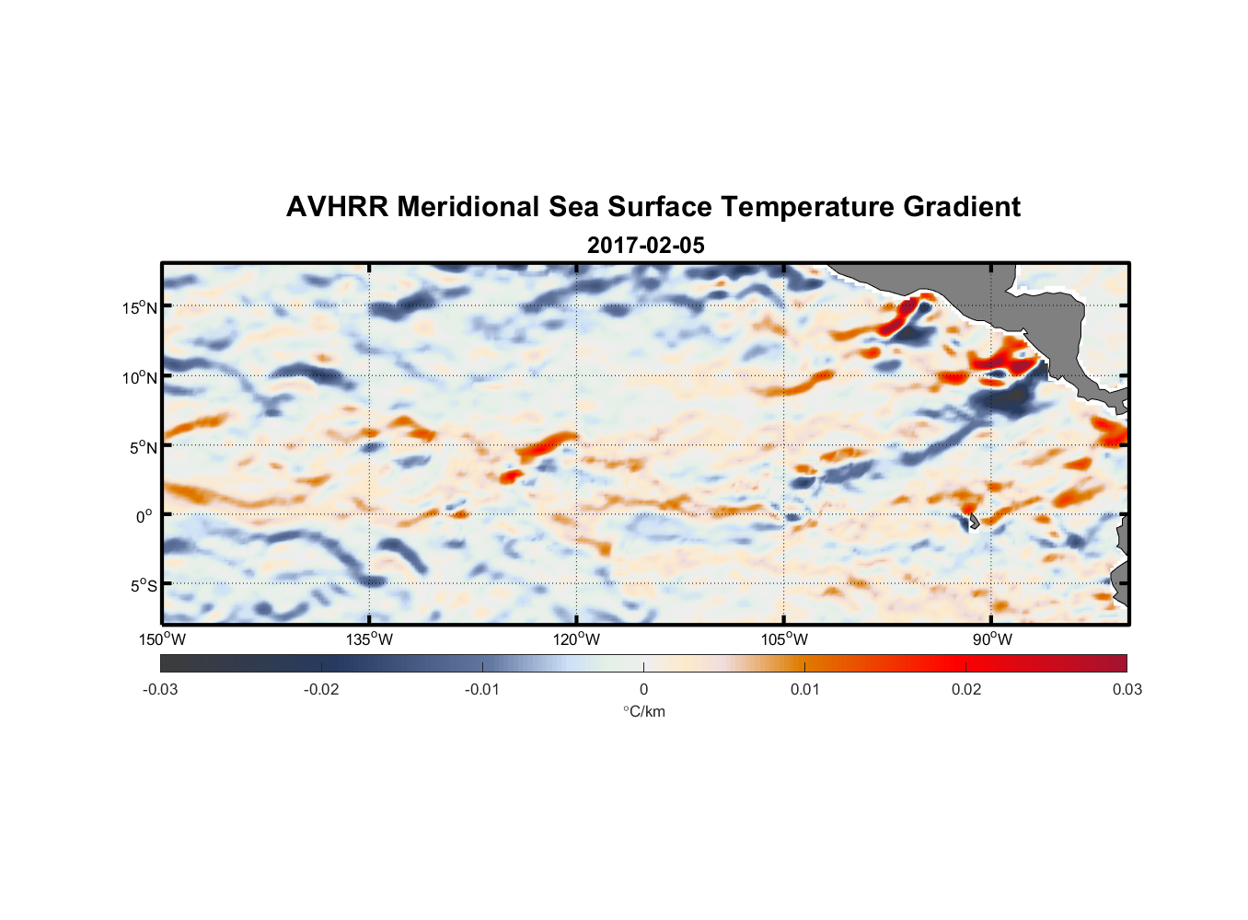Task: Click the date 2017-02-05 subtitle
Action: click(x=645, y=246)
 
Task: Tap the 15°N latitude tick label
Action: click(x=140, y=308)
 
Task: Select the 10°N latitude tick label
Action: click(x=140, y=378)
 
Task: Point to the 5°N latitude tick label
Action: click(x=144, y=448)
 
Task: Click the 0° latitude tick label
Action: click(x=144, y=517)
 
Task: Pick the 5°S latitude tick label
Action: click(x=144, y=586)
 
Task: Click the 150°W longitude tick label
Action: click(x=163, y=639)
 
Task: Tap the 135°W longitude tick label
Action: click(x=370, y=639)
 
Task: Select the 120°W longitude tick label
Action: click(x=577, y=639)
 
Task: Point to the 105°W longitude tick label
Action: click(x=784, y=639)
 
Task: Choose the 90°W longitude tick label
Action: click(x=992, y=639)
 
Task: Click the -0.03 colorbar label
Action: click(x=160, y=690)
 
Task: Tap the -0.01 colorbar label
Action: click(x=482, y=690)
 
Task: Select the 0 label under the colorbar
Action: click(x=643, y=690)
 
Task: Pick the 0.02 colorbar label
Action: click(x=966, y=690)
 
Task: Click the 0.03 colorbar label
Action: click(x=1127, y=690)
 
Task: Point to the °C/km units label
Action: click(x=643, y=712)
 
